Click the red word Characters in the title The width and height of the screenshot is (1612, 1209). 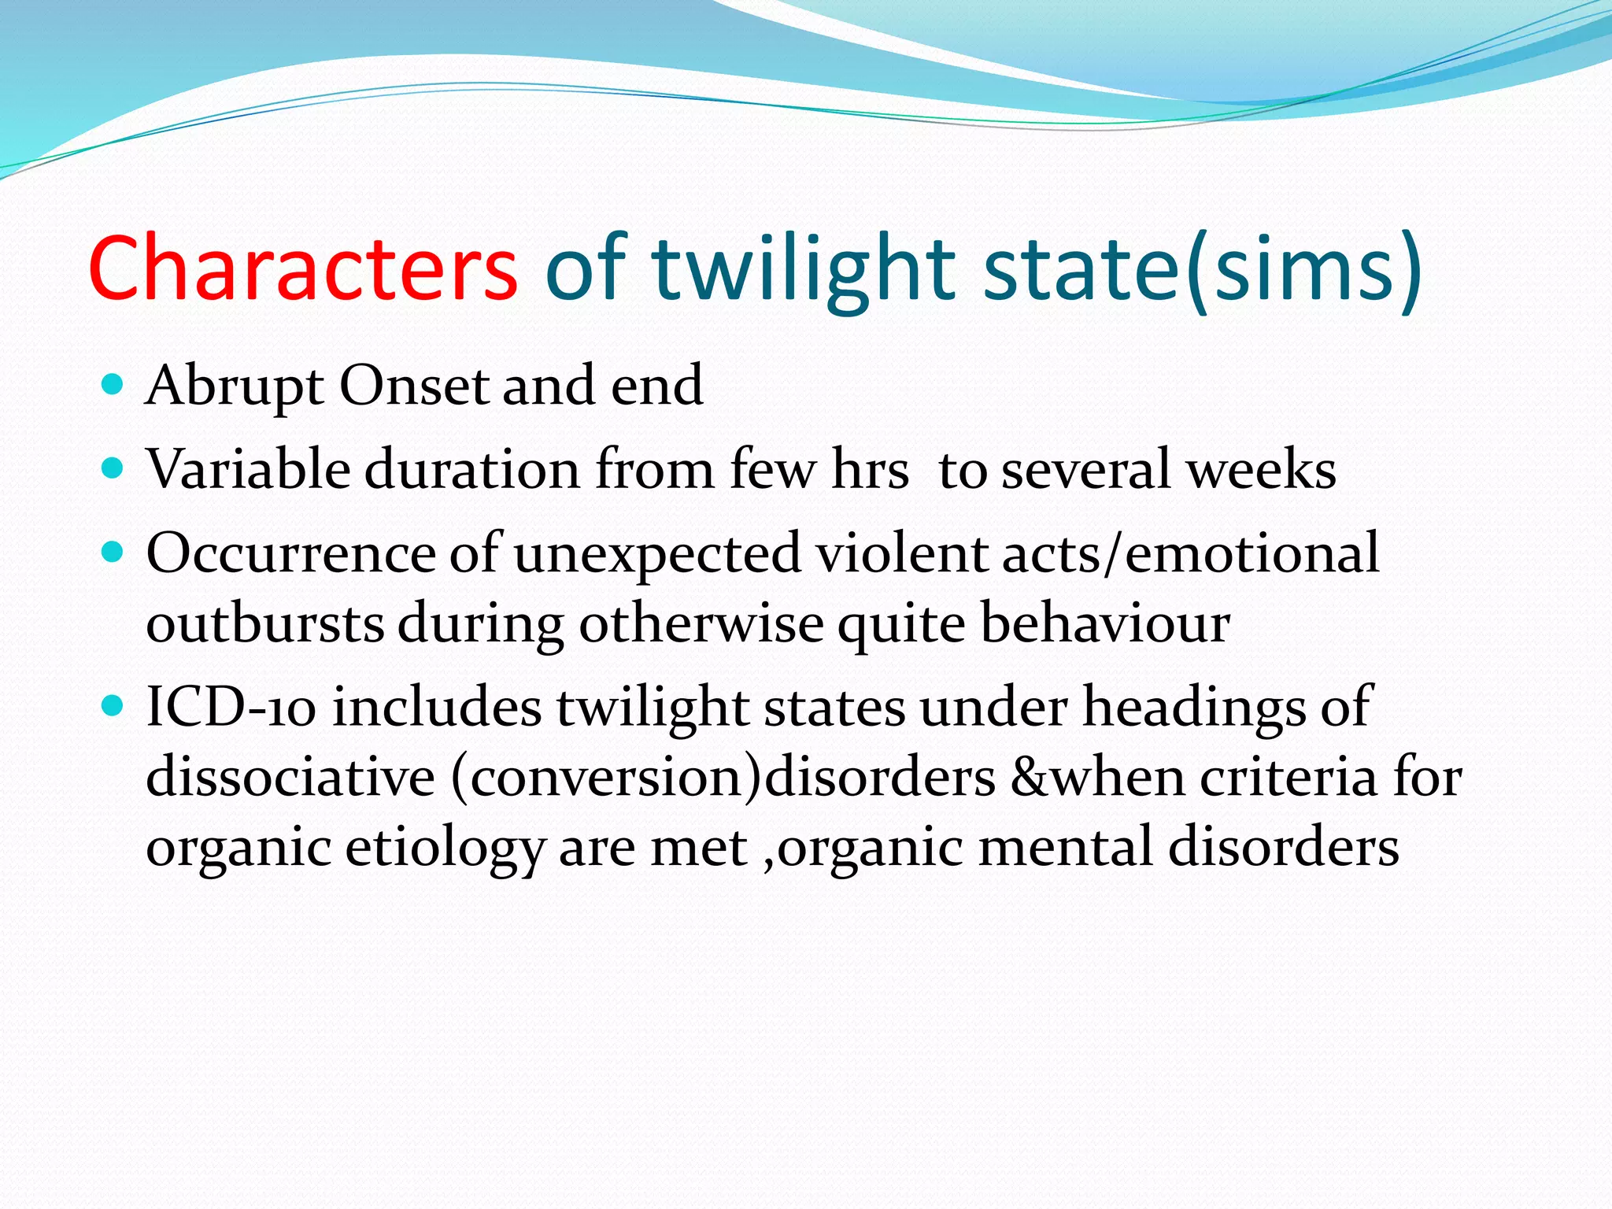tap(303, 268)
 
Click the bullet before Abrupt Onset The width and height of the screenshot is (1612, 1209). tap(113, 385)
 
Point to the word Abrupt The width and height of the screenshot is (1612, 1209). tap(235, 386)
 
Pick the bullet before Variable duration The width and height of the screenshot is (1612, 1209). tap(113, 469)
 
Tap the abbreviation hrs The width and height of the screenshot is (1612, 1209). tap(870, 470)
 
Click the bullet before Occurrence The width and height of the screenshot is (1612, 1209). tap(113, 553)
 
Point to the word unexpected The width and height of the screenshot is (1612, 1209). tap(657, 554)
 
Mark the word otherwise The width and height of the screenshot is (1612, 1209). tap(701, 623)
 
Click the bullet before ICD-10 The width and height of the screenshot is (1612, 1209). tap(113, 705)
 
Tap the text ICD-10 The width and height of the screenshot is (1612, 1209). tap(231, 706)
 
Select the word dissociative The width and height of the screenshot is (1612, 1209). tap(290, 777)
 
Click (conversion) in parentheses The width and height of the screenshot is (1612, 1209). tap(607, 777)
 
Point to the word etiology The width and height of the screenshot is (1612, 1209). tap(445, 849)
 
